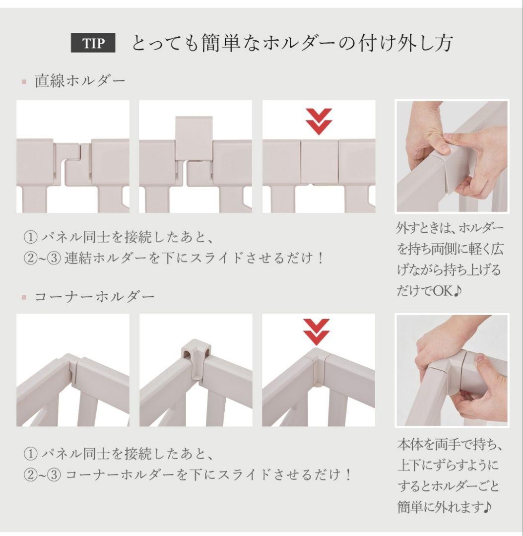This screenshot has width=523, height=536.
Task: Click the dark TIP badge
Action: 93,43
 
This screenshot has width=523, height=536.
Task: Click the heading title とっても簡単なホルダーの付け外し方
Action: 292,43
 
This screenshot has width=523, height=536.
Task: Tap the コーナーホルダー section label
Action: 95,296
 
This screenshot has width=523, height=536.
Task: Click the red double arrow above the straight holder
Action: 319,122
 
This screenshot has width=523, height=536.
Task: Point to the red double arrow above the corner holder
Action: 317,332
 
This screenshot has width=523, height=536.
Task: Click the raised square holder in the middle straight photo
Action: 194,138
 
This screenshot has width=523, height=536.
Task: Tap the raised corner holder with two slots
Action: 196,358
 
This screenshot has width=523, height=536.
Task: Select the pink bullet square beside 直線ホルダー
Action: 24,82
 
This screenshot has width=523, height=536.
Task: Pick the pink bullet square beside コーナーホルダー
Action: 24,297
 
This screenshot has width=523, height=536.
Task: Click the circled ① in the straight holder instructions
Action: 30,237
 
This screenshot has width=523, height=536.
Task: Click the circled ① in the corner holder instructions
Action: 30,454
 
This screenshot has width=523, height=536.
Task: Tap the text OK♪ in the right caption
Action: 448,291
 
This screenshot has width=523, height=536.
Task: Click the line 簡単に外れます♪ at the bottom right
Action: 445,507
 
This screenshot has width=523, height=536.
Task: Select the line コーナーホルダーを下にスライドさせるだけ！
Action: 208,474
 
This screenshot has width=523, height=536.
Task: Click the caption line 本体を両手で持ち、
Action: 450,444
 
